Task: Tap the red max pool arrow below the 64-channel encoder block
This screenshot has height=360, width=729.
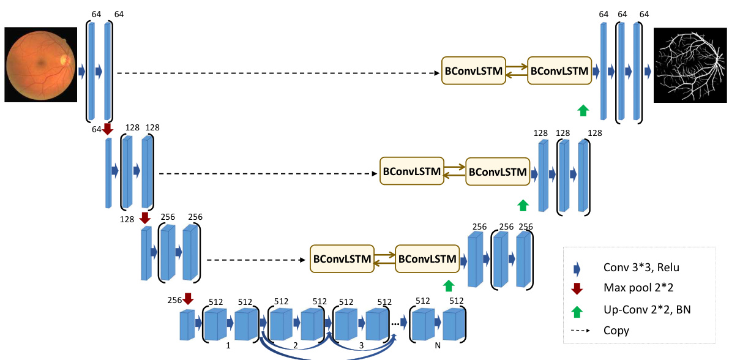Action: (108, 129)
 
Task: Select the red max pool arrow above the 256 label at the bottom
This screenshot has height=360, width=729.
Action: (188, 298)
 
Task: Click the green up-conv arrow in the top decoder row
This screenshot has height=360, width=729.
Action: (583, 110)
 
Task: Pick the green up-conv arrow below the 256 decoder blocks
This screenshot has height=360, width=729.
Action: (449, 285)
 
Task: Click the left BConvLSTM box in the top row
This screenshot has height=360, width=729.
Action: (474, 72)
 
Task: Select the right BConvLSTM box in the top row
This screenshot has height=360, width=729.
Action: (559, 72)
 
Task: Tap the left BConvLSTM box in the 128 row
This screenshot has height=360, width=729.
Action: (412, 172)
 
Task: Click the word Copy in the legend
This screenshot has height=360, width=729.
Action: (616, 331)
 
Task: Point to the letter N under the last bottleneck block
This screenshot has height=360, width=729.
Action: (438, 347)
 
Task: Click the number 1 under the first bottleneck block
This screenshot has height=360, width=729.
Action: (228, 346)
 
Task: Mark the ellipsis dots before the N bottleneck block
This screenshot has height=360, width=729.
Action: (397, 324)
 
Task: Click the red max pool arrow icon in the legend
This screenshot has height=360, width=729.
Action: (576, 288)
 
